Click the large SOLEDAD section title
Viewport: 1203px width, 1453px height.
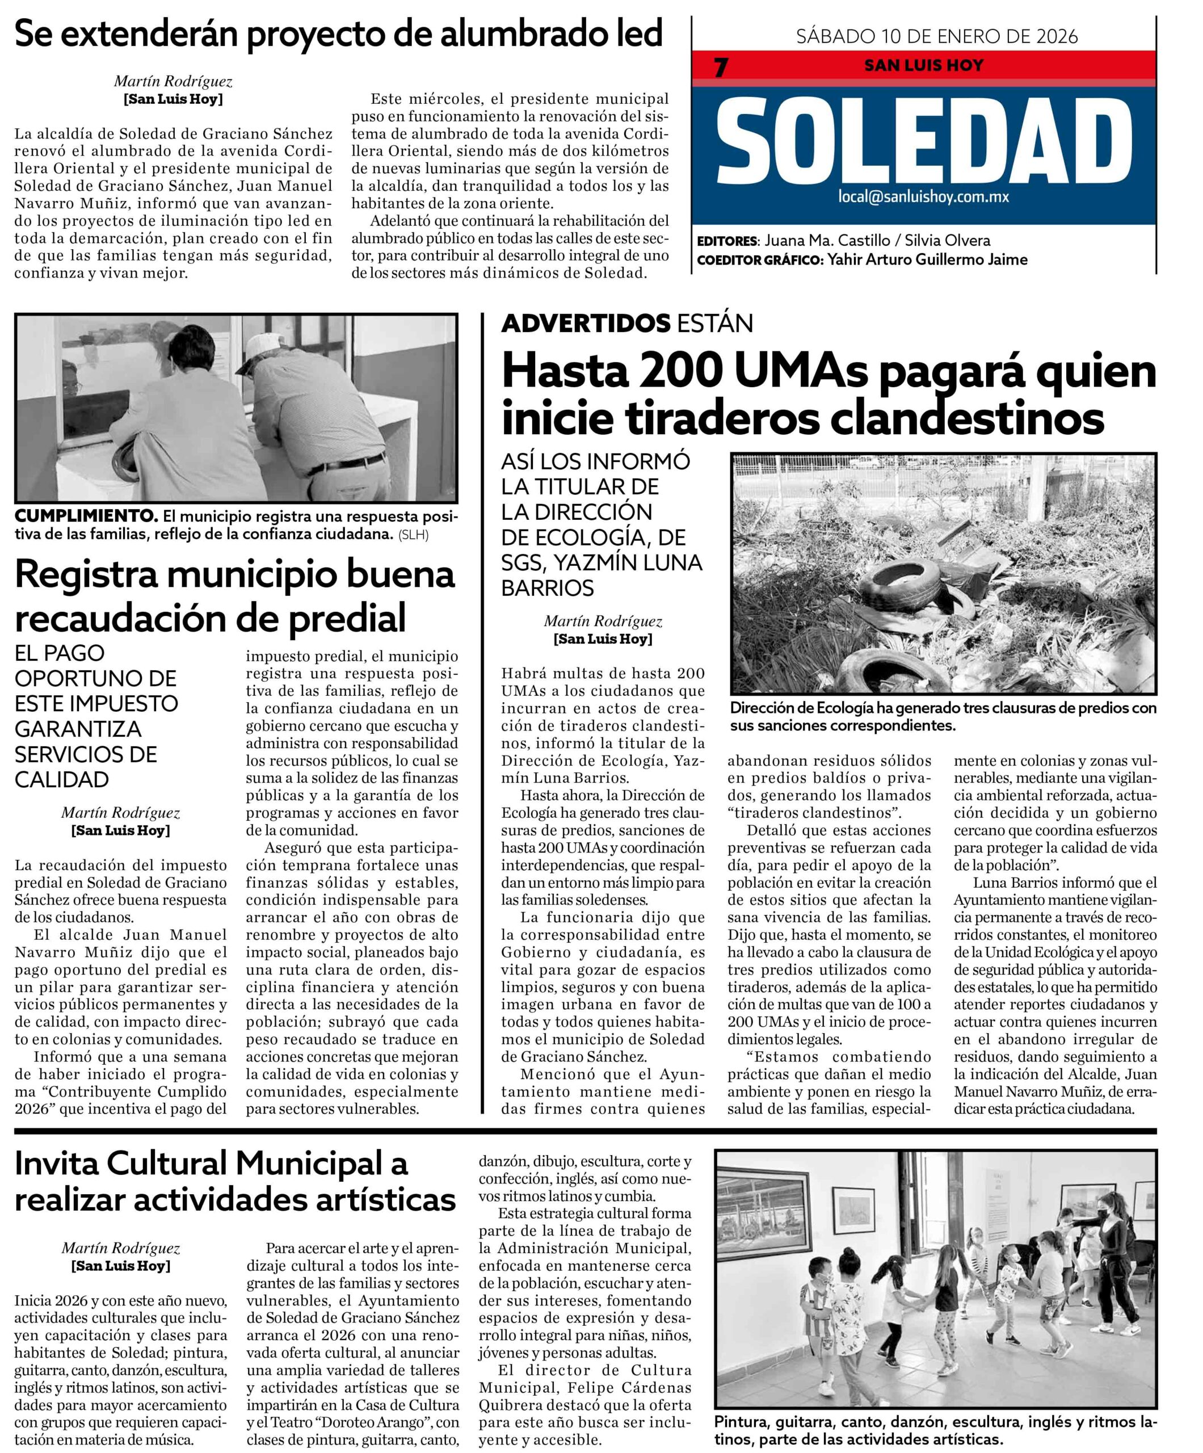922,138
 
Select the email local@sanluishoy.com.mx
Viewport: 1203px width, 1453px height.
923,196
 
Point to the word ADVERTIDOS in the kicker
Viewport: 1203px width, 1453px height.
585,323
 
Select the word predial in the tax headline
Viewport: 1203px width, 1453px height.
347,618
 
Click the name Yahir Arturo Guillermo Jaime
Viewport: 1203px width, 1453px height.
927,259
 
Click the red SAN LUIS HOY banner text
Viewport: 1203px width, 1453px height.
923,66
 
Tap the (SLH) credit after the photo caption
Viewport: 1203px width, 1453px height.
413,535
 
